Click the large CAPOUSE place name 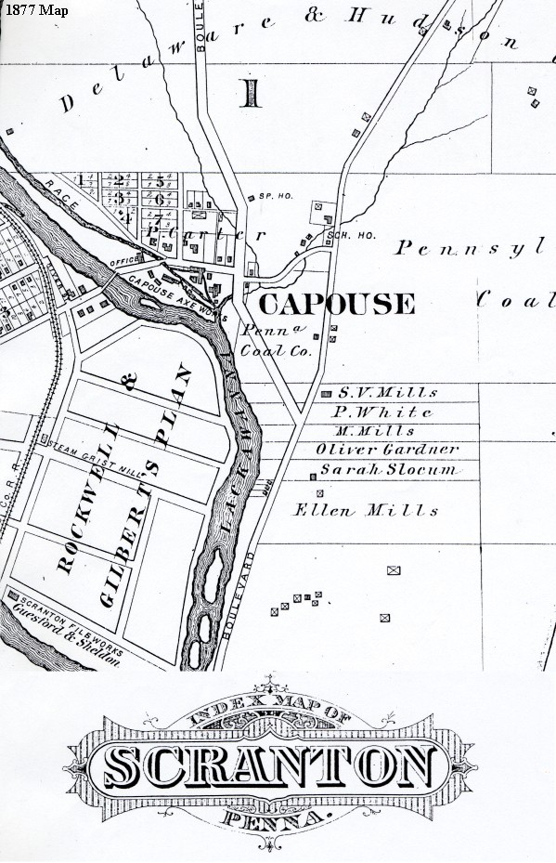[336, 304]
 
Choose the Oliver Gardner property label [387, 450]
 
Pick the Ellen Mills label [366, 510]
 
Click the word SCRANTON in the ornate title [269, 766]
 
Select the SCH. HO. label [353, 236]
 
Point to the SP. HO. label [270, 198]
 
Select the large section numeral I [251, 94]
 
